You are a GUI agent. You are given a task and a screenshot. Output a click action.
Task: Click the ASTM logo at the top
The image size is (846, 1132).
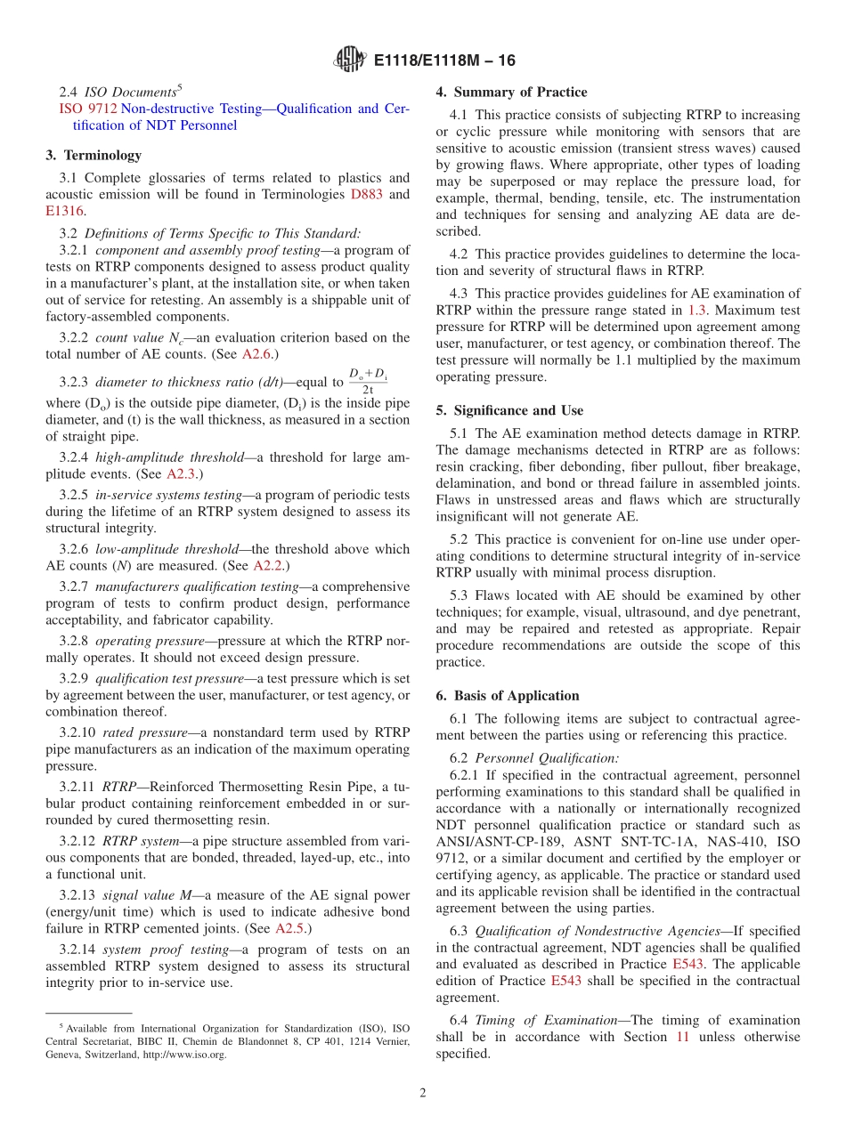point(349,60)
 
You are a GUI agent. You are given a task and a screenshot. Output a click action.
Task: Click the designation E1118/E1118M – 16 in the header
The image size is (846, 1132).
point(444,61)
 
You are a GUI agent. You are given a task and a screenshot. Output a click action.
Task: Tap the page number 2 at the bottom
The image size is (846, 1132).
point(423,1093)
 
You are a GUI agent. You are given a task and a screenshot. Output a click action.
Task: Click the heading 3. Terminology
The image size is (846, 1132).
point(94,155)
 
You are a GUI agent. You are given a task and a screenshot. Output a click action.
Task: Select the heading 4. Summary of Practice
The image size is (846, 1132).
point(511,92)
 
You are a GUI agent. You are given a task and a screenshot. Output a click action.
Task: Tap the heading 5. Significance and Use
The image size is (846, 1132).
point(509,410)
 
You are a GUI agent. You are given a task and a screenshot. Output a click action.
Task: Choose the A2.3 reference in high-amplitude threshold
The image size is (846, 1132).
point(183,474)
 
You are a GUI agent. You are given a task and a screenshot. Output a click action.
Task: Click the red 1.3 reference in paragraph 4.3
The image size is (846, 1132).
point(697,310)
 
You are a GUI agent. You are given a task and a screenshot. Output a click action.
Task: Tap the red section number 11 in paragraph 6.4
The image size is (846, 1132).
point(682,1037)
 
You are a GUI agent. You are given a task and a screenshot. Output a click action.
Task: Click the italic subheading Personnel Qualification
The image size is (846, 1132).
point(546,758)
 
